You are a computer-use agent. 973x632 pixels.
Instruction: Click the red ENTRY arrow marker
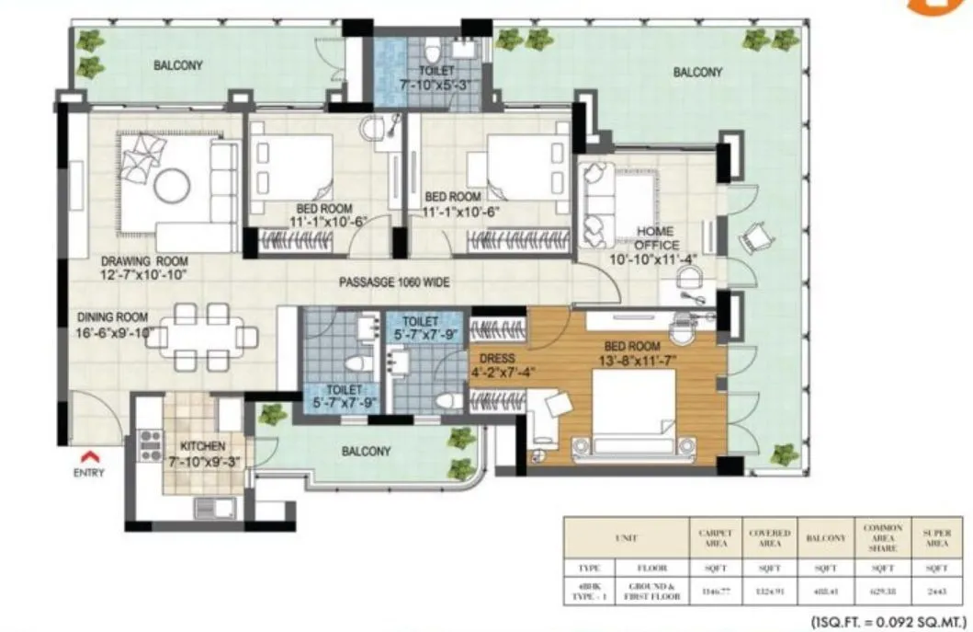point(89,455)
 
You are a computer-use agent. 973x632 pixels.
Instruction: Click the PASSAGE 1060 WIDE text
point(393,282)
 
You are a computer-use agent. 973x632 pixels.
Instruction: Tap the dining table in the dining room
point(200,337)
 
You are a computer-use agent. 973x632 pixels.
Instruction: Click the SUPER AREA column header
point(936,537)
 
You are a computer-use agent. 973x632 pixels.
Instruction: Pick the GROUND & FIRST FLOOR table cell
point(653,591)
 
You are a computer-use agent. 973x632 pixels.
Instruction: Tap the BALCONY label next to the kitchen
point(367,452)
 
